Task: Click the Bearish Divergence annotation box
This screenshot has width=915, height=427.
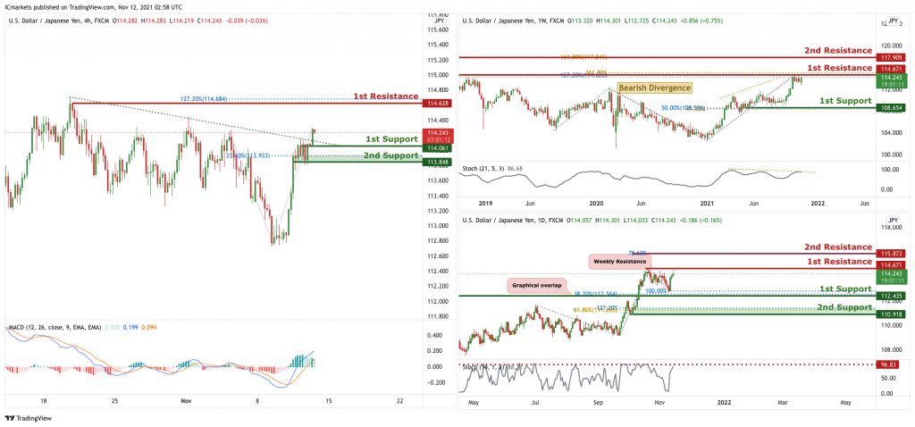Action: click(653, 88)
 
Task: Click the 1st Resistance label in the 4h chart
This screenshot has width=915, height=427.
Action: click(385, 96)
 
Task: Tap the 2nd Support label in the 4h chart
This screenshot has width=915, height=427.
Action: click(390, 155)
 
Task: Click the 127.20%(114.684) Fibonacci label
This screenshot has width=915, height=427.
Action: click(206, 98)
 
